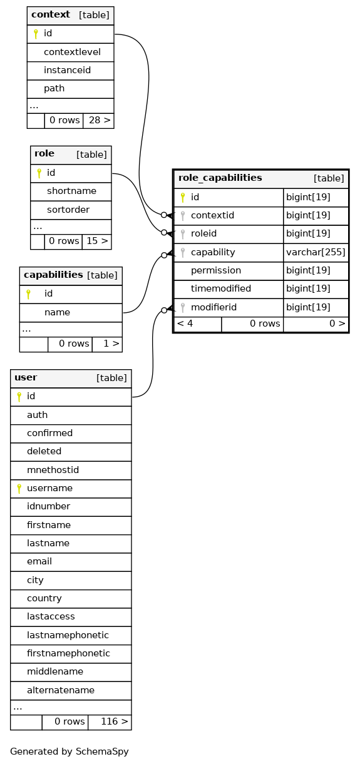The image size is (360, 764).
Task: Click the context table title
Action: (51, 14)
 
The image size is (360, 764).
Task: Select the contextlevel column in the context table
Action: (72, 52)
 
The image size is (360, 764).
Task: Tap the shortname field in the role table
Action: (71, 191)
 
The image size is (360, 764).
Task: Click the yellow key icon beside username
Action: (19, 489)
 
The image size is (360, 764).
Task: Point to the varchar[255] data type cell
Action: (316, 252)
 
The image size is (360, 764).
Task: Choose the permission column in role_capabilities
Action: (216, 270)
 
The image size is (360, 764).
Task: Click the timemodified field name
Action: (221, 288)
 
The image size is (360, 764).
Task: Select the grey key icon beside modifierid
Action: (183, 308)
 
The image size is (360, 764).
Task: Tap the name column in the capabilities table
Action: (58, 312)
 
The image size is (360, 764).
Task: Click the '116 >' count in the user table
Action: (115, 721)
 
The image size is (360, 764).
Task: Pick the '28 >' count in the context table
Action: (100, 120)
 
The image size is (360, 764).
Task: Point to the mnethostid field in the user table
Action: (53, 470)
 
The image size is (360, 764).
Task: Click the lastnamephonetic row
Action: (68, 634)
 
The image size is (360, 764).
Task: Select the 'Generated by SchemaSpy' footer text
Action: (69, 751)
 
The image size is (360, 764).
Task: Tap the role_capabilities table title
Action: (220, 178)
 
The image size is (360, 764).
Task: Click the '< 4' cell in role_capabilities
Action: (185, 323)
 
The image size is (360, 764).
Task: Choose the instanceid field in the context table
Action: (67, 70)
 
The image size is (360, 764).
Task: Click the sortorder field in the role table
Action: (68, 210)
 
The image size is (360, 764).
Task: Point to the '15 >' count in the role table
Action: (97, 241)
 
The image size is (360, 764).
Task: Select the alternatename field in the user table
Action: (61, 690)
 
